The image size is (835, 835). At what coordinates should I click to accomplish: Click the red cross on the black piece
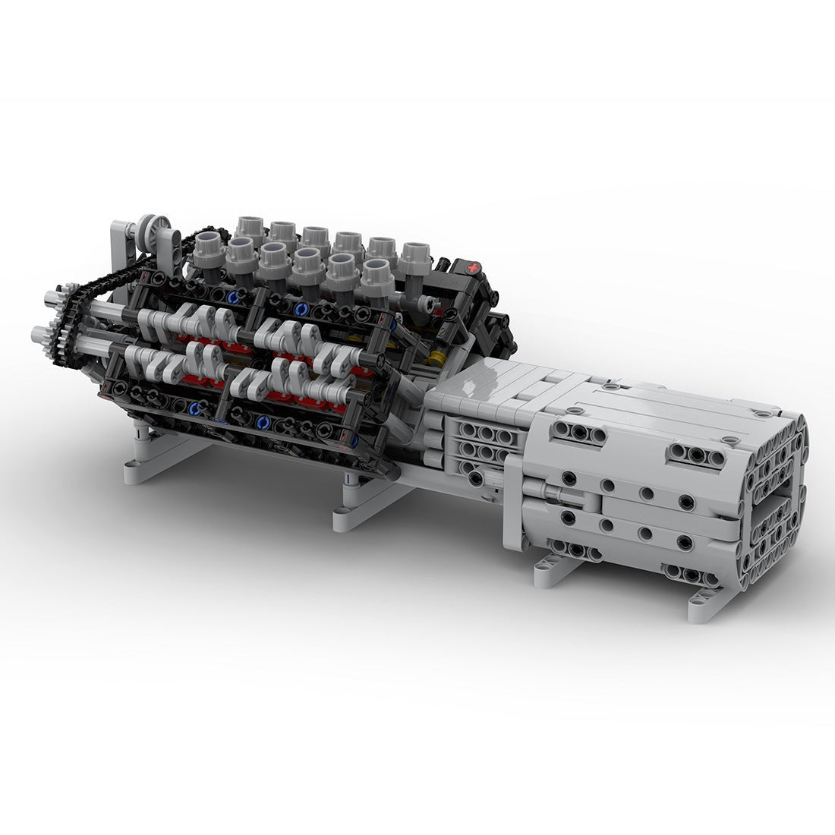474,268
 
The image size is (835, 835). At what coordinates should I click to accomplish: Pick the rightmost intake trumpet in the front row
377,275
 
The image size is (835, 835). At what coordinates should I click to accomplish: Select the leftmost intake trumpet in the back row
249,228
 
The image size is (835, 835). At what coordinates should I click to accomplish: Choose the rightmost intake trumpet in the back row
414,257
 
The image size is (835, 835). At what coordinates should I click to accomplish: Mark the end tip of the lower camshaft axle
36,333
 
